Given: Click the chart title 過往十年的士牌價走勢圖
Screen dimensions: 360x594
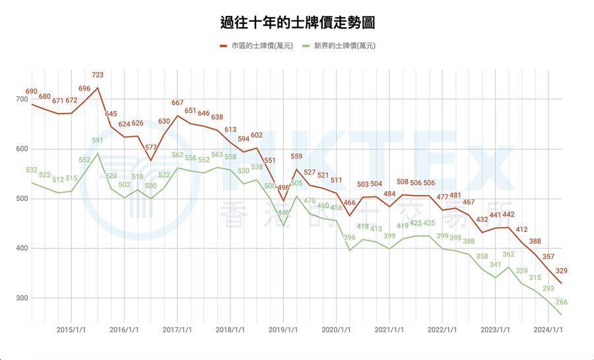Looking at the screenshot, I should coord(297,22).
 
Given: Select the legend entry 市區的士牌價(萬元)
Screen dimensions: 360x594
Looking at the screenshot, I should coord(261,46).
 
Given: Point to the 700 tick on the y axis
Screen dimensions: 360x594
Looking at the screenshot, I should coord(21,99).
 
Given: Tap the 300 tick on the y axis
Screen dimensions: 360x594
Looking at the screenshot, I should coord(21,298).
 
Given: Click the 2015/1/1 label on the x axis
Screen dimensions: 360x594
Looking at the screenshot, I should coord(71,330).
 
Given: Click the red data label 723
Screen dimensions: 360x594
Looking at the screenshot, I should coord(98,75).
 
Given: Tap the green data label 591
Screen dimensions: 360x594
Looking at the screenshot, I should coord(98,141).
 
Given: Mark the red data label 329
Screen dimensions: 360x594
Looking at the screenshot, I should coord(562,271).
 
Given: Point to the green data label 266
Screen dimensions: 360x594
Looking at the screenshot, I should coord(562,302).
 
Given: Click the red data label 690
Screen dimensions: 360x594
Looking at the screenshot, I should coord(32,91).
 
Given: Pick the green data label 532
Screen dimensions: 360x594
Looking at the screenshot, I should coord(32,170).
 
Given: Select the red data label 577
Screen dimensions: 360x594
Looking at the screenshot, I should coord(151,147).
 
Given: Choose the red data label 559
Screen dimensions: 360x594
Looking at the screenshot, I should coord(296,157).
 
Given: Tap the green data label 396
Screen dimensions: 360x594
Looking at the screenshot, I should coord(350,237).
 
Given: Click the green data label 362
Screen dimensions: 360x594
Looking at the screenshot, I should coord(508,254).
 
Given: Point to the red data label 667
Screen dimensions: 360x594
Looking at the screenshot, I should coord(178,103).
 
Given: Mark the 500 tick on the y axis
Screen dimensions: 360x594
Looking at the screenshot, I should coord(21,199).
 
